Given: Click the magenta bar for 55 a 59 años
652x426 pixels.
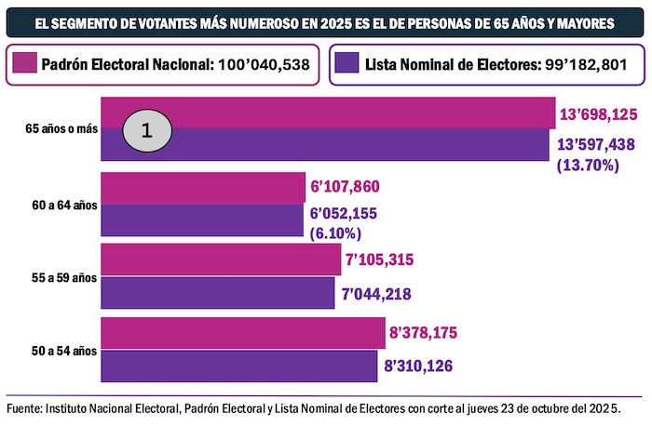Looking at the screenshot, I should click(x=220, y=260).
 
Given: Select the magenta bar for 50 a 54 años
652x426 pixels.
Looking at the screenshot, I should click(x=242, y=333).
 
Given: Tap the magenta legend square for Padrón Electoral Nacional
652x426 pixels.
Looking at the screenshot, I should click(x=25, y=65).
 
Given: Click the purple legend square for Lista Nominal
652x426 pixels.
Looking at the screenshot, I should click(x=346, y=65).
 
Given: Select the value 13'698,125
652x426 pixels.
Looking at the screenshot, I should click(x=598, y=114).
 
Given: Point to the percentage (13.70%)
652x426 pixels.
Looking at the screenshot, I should click(x=583, y=166).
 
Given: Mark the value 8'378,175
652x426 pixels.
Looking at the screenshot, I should click(x=424, y=333).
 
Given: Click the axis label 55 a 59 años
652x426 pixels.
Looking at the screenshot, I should click(x=61, y=277).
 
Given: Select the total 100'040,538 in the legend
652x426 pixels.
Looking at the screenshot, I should click(x=265, y=65).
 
